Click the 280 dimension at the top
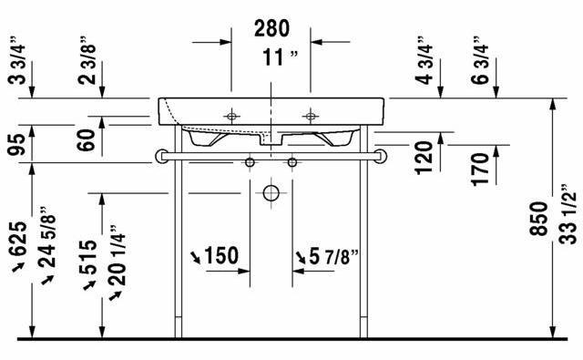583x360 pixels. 271,28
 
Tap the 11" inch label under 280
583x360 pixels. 280,57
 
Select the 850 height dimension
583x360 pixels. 538,219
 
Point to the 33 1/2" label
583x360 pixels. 568,214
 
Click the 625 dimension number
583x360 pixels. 18,239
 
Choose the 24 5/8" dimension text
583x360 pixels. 46,237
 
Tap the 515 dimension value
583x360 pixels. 88,257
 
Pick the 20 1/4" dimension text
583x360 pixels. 118,255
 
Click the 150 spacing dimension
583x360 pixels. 221,255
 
